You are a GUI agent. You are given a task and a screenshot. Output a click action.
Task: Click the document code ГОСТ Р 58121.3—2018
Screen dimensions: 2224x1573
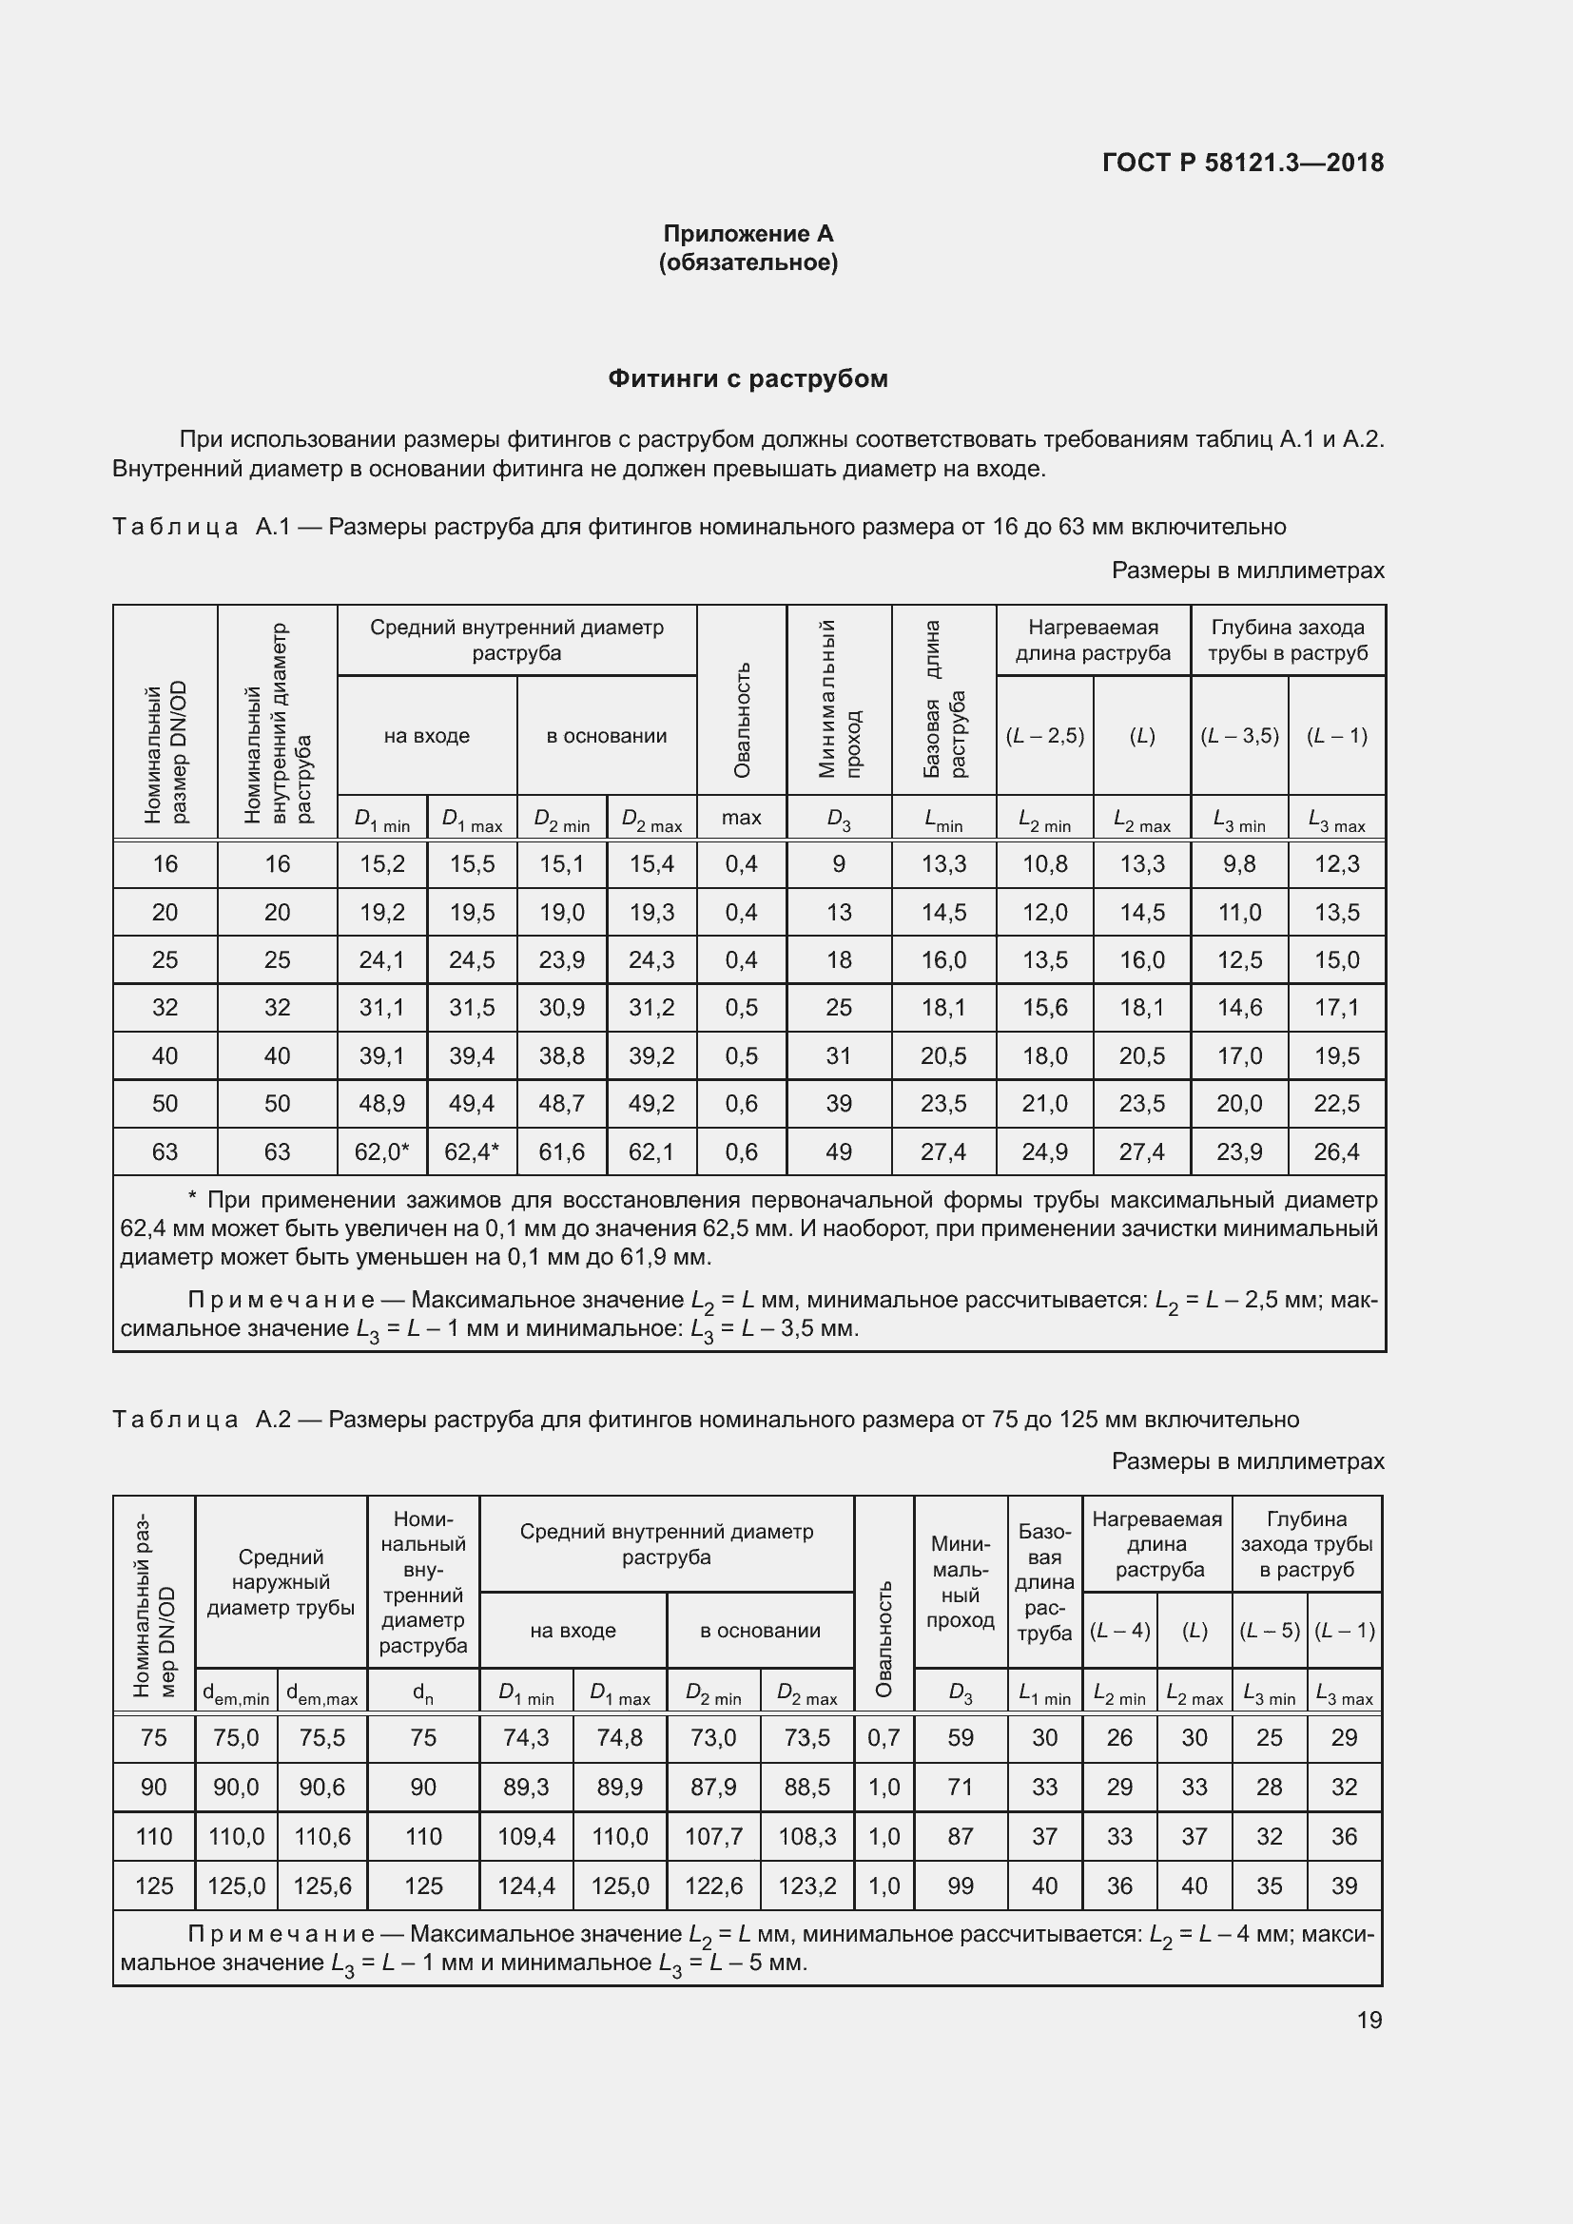click(1243, 163)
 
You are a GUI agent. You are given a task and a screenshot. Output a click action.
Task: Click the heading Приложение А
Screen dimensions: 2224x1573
click(748, 234)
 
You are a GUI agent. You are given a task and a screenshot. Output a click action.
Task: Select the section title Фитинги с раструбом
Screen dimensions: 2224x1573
click(748, 378)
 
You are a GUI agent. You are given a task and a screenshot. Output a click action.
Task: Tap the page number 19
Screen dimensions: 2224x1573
click(1369, 2020)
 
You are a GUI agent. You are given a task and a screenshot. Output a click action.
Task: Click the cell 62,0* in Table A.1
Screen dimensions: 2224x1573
click(381, 1151)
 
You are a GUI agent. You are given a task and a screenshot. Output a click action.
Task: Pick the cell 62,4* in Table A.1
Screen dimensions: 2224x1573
click(472, 1151)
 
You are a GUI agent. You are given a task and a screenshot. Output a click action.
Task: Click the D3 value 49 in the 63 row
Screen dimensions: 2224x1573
click(839, 1151)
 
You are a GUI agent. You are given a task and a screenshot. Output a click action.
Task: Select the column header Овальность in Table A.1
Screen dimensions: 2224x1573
click(742, 720)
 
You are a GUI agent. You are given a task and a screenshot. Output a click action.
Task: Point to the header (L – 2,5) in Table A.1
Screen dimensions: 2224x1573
click(1044, 735)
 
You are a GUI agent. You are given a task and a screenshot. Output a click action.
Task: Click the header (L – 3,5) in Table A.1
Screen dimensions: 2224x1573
click(1239, 735)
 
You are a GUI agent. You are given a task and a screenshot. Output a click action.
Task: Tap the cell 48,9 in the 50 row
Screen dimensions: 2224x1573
click(381, 1103)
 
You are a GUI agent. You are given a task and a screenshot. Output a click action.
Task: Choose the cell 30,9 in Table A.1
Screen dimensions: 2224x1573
click(562, 1007)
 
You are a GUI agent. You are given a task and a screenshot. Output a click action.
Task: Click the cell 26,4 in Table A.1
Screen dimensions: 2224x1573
click(1336, 1151)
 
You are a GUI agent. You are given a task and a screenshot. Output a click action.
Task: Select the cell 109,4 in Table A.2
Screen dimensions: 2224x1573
click(526, 1837)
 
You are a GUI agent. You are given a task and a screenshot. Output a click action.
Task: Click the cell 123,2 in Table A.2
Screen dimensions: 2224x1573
click(806, 1886)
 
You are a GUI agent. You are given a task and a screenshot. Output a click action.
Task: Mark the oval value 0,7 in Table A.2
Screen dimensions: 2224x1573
click(884, 1738)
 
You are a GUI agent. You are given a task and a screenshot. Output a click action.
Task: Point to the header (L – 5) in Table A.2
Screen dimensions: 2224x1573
click(1269, 1631)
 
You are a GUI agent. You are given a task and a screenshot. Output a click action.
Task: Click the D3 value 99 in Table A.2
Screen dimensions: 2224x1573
click(960, 1886)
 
